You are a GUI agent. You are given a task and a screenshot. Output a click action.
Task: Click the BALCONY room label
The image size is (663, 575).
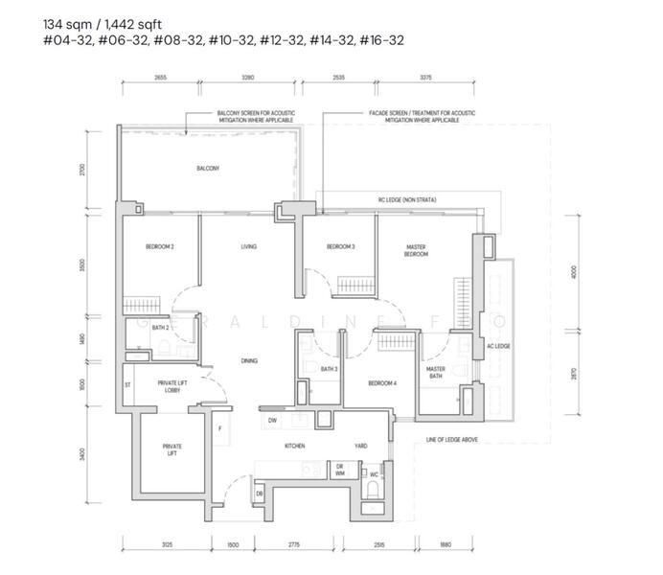[208, 169]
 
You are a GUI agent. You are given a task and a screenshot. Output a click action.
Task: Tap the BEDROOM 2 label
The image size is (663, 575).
[159, 246]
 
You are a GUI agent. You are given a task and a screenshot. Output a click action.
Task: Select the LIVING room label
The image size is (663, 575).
[249, 246]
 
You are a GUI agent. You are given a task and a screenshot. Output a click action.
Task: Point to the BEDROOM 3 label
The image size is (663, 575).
[340, 246]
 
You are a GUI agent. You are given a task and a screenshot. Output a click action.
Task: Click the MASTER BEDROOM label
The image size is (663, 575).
[416, 250]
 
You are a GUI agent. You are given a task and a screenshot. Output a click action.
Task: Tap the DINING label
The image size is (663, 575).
[249, 360]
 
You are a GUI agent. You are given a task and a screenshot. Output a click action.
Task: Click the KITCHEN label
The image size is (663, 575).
[293, 447]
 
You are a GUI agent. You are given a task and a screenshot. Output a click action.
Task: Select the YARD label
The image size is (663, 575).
[360, 447]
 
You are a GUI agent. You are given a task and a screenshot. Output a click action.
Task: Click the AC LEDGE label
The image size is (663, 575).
[497, 346]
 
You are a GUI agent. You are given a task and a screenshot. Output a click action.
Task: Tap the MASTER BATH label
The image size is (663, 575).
[436, 373]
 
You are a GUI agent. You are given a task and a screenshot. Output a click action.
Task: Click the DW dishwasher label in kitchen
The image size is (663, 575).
[273, 420]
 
